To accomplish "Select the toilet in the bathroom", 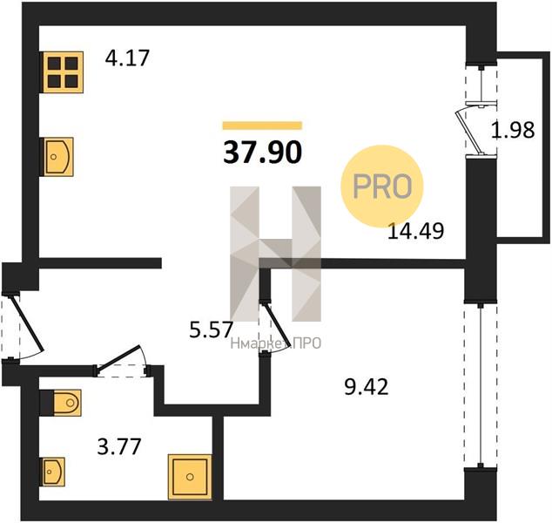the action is (x=60, y=403).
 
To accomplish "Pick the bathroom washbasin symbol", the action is (x=52, y=472).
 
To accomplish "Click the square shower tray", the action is (x=190, y=477).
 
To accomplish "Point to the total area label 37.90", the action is (x=263, y=153).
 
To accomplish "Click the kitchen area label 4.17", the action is (x=127, y=58).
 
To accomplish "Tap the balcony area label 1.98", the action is (x=513, y=130).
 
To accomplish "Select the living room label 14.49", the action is (x=415, y=231).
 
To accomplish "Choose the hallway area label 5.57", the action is (x=212, y=330).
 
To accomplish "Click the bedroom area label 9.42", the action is (x=367, y=387).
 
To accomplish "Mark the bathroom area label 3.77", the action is (x=119, y=446).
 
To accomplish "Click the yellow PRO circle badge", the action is (x=382, y=186).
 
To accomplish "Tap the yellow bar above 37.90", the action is (x=263, y=126).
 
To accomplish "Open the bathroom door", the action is (x=119, y=359).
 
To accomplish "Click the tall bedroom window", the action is (x=481, y=385).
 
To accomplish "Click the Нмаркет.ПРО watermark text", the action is (x=276, y=343).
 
